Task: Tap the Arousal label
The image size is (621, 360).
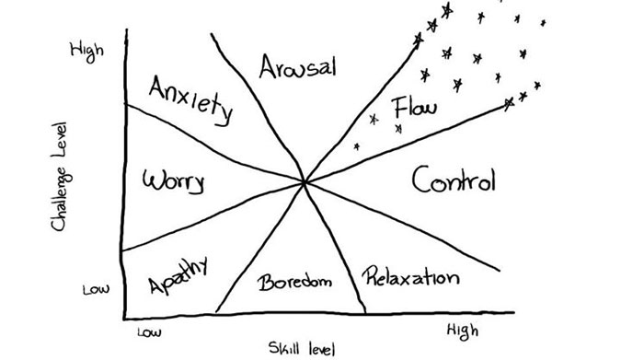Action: [297, 67]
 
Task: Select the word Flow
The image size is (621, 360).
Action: [415, 109]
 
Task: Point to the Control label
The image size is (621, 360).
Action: [453, 180]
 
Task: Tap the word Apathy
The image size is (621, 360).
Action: [176, 274]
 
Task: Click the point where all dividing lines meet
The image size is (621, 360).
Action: [305, 183]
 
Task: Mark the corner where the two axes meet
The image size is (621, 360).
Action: [123, 317]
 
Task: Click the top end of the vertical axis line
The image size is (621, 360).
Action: [126, 31]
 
